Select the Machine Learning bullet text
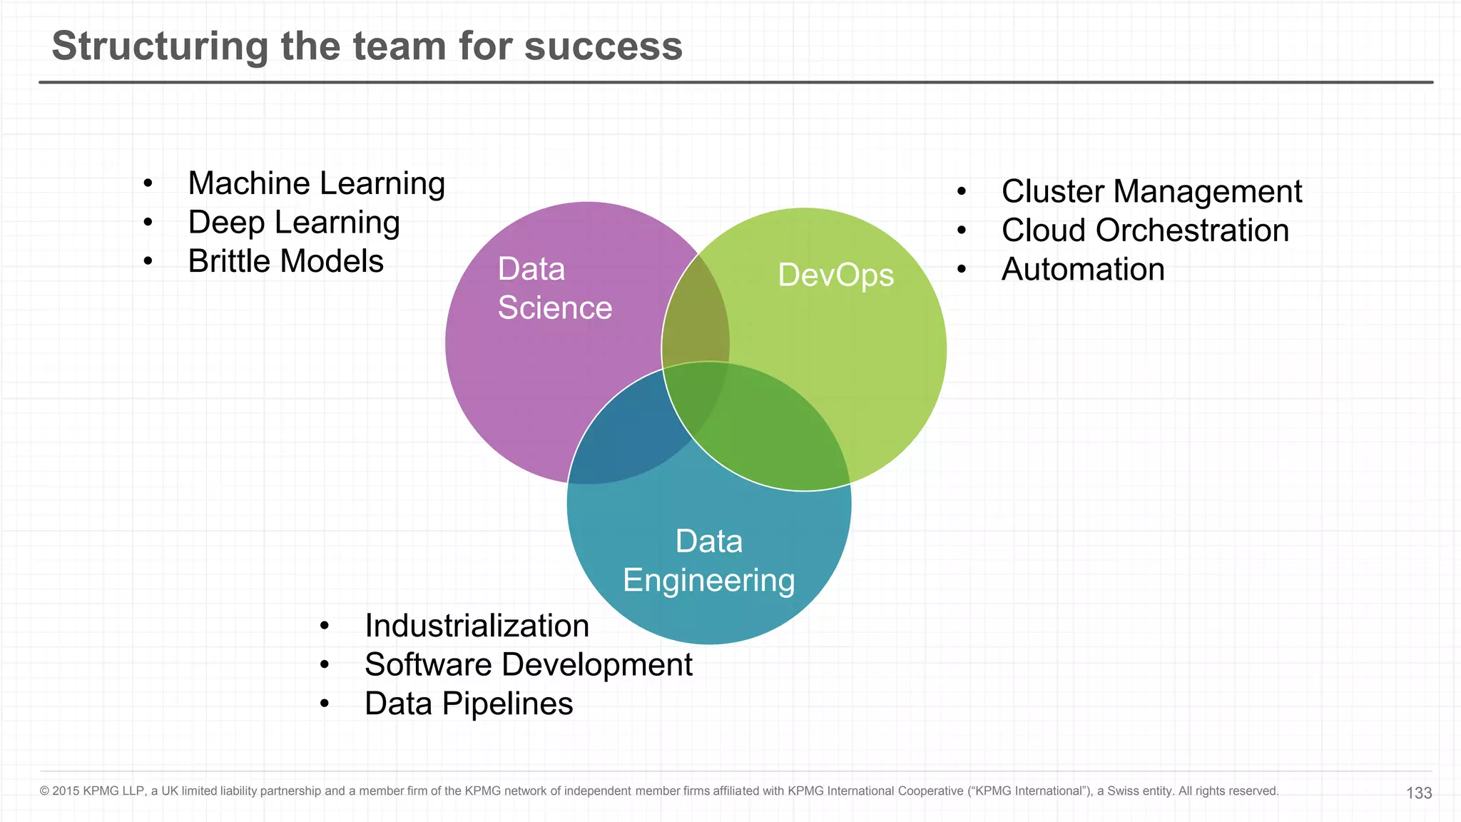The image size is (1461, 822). (x=316, y=184)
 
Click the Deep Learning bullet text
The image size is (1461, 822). (x=293, y=223)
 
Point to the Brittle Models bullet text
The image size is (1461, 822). (x=285, y=261)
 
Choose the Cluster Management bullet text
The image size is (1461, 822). (x=1151, y=192)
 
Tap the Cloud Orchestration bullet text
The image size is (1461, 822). (x=1145, y=230)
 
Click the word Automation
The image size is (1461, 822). (x=1082, y=270)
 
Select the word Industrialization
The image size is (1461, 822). (x=477, y=626)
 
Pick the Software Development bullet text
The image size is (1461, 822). (x=528, y=665)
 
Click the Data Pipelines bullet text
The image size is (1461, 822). (x=468, y=704)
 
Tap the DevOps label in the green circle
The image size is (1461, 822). (x=835, y=275)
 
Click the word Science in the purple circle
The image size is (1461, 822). (x=554, y=308)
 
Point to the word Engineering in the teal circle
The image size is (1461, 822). (x=708, y=580)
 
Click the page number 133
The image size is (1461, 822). (x=1418, y=793)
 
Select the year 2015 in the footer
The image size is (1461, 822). (x=66, y=791)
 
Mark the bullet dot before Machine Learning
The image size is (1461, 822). (x=148, y=185)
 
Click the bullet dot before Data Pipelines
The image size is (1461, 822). (x=325, y=704)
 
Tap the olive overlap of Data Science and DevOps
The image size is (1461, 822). (x=696, y=314)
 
